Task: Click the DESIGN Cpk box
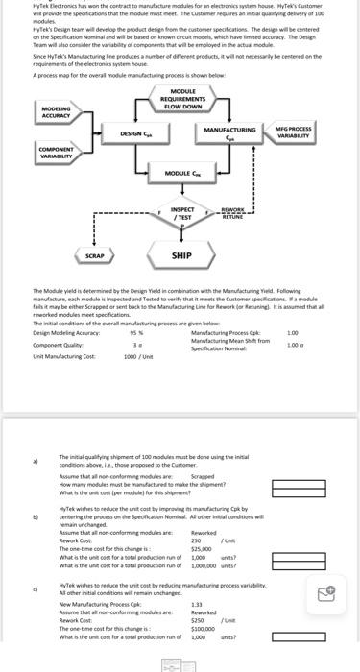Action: click(x=139, y=133)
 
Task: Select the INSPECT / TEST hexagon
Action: click(x=182, y=213)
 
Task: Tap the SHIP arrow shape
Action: click(x=181, y=256)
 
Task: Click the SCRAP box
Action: click(x=94, y=256)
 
